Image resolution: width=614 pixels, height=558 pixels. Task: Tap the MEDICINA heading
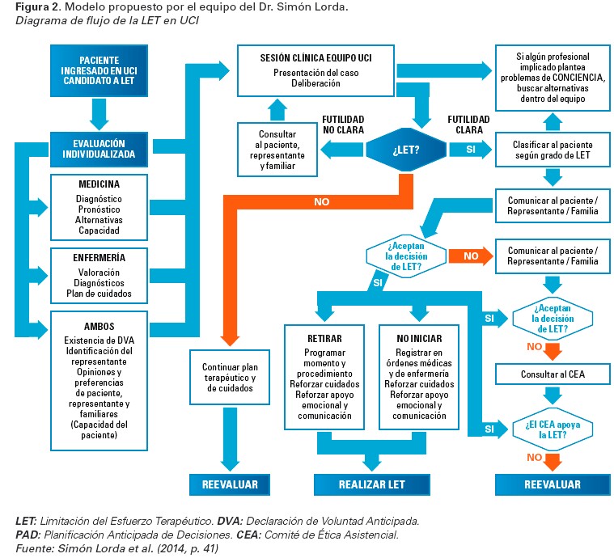click(100, 184)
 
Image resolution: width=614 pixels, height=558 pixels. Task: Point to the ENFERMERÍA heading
click(100, 258)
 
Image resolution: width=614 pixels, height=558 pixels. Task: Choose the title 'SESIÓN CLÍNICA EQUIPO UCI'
click(315, 58)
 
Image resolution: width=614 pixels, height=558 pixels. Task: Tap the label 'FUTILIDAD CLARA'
click(466, 124)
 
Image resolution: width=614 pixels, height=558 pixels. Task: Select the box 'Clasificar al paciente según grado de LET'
click(553, 150)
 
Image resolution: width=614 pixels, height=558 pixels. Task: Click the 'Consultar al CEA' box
click(553, 374)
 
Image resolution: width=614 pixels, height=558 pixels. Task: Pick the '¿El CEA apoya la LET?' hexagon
click(553, 429)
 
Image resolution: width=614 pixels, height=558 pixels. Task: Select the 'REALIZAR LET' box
click(371, 484)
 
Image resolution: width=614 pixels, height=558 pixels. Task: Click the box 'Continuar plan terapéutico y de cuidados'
click(229, 378)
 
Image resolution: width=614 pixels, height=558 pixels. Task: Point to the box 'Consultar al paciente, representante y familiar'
click(277, 149)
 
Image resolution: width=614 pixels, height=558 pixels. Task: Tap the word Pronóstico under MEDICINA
click(99, 209)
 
